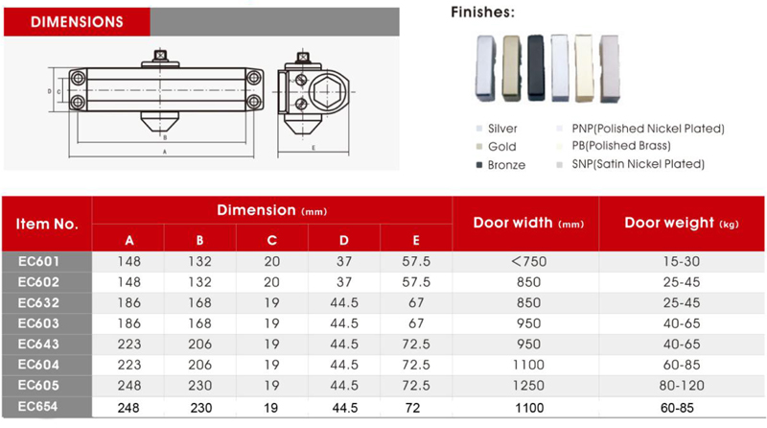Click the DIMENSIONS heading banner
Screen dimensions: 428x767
[77, 19]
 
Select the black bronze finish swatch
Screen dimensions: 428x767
[537, 68]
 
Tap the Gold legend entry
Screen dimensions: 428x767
[501, 147]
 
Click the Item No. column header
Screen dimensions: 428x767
[47, 224]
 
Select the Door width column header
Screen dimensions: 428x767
[525, 223]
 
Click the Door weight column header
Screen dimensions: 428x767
[682, 223]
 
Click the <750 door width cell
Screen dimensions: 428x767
[525, 260]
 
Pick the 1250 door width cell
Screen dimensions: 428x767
[525, 385]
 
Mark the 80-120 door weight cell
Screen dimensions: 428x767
[682, 385]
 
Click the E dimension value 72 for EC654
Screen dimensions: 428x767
[415, 406]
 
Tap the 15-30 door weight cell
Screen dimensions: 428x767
[682, 260]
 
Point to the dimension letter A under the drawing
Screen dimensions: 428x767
[164, 152]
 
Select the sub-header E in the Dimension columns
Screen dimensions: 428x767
[415, 239]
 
